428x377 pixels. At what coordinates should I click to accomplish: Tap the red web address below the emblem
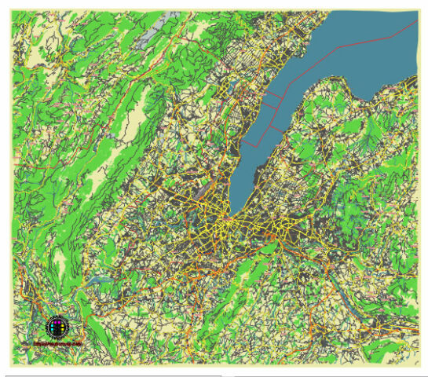(57, 344)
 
